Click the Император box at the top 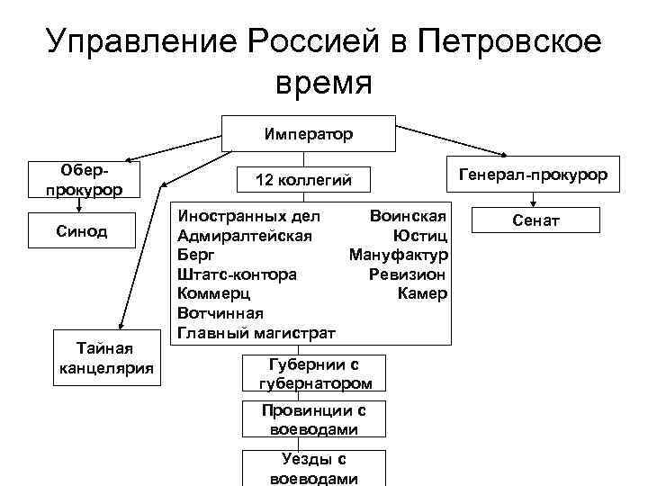pos(309,134)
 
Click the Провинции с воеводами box pos(315,419)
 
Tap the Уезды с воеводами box pos(314,469)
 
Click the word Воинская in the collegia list pos(408,217)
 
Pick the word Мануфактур pos(398,255)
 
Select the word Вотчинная pos(220,313)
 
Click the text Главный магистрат pos(256,333)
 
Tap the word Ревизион pos(407,274)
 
